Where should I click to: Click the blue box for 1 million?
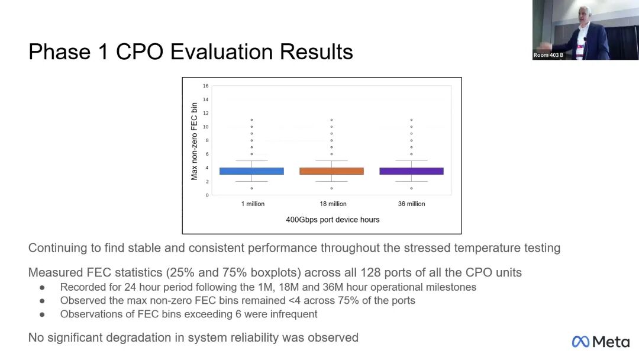[x=251, y=171]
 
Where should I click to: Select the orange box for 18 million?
[x=331, y=171]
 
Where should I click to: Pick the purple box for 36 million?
[x=411, y=171]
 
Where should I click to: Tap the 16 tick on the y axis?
[x=206, y=86]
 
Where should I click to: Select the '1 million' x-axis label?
[x=253, y=204]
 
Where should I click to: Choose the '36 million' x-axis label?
[x=411, y=204]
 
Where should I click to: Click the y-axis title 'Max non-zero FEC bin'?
[x=194, y=141]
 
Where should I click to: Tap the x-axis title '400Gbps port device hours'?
[x=333, y=220]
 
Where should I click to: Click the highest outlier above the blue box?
[x=252, y=120]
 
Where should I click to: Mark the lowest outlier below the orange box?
[x=331, y=188]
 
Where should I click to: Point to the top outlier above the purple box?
[x=411, y=120]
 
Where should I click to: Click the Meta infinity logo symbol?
[x=580, y=342]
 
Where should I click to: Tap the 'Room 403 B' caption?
[x=548, y=55]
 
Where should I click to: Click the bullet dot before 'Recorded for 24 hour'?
[x=42, y=287]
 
